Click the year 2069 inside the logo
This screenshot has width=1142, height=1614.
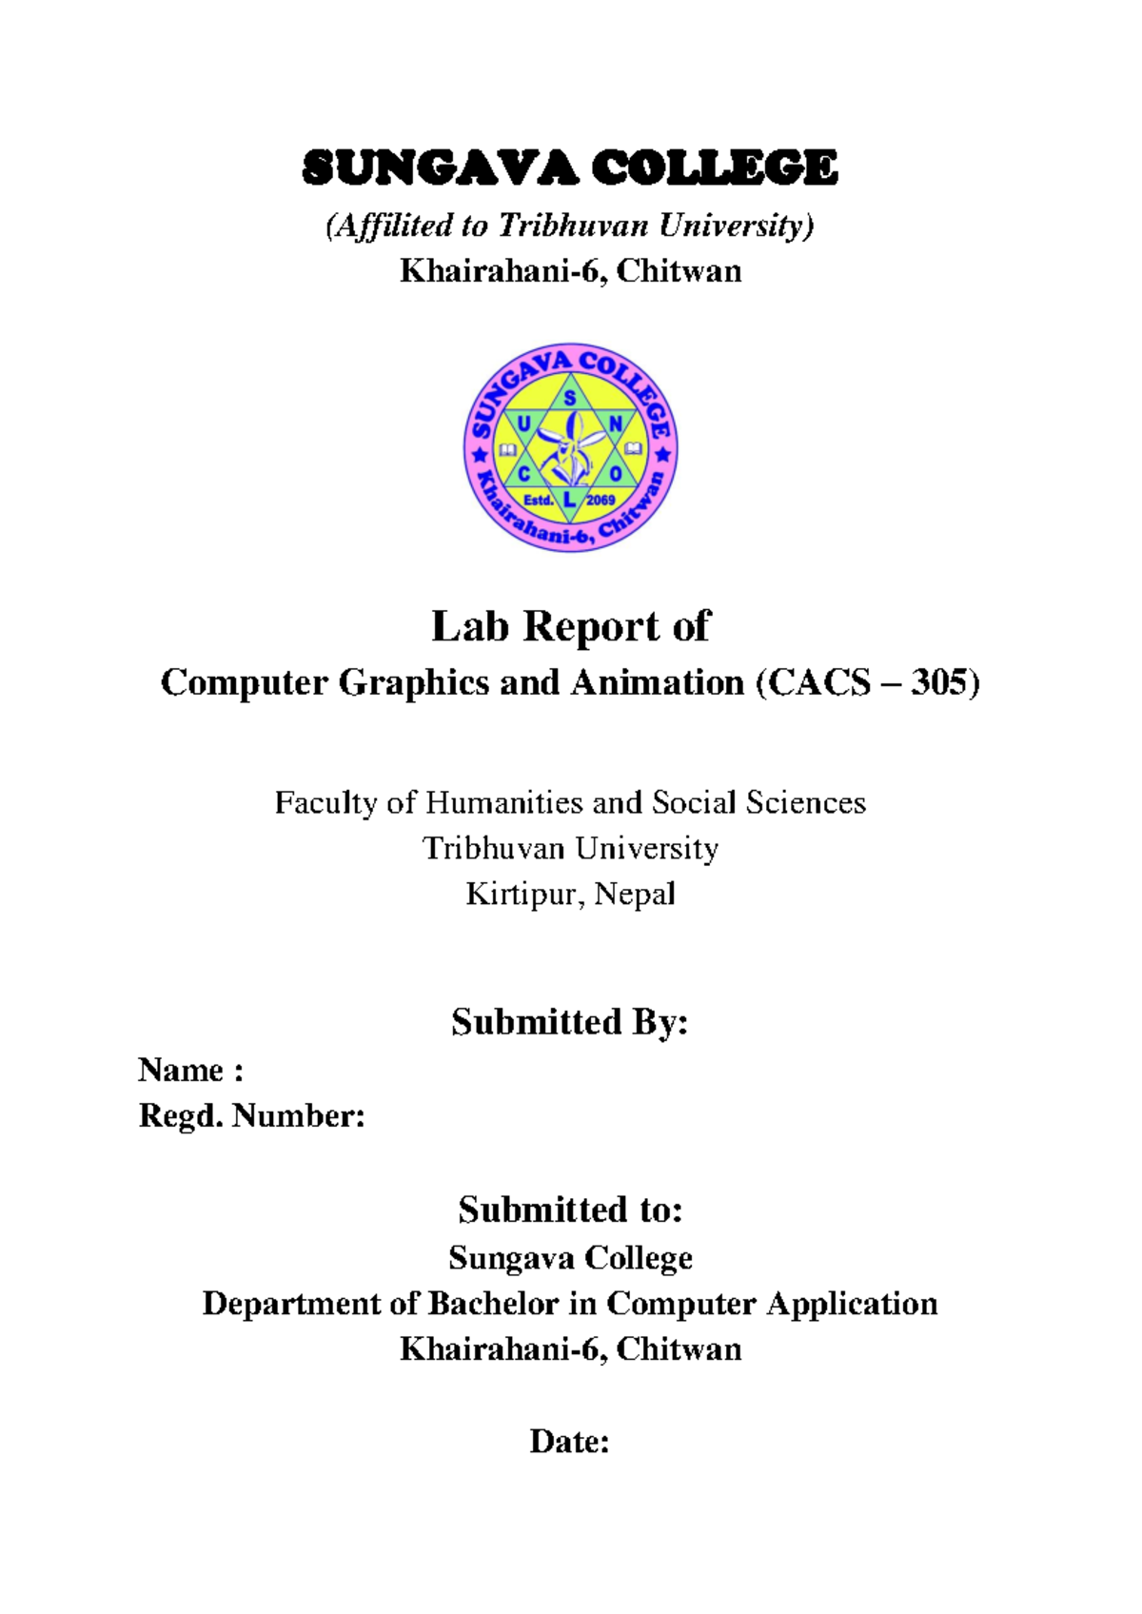[x=601, y=500]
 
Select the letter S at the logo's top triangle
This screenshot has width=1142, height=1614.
[x=570, y=399]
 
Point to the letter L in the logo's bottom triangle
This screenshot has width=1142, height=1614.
[x=569, y=500]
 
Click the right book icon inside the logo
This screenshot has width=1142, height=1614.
[x=634, y=448]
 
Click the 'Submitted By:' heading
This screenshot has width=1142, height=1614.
[x=569, y=1023]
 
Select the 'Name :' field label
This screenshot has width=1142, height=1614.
[x=190, y=1071]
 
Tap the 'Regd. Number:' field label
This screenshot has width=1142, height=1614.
[x=251, y=1115]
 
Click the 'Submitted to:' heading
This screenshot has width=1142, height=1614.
[x=570, y=1210]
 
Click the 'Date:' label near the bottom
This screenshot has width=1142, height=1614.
[x=569, y=1442]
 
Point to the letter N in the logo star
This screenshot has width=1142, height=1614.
[x=615, y=423]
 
